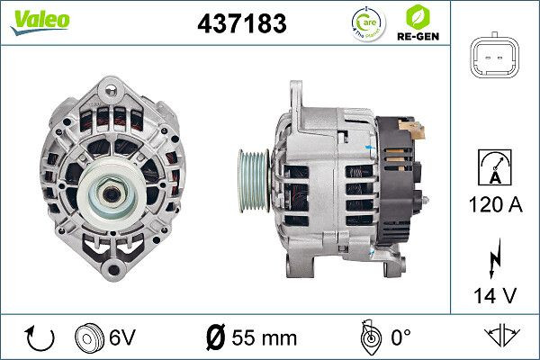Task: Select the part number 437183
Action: pyautogui.click(x=241, y=23)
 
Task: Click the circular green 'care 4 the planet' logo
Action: pyautogui.click(x=367, y=22)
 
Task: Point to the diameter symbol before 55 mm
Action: pyautogui.click(x=215, y=338)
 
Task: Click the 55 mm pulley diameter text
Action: pyautogui.click(x=263, y=338)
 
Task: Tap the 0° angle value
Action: pyautogui.click(x=400, y=338)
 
